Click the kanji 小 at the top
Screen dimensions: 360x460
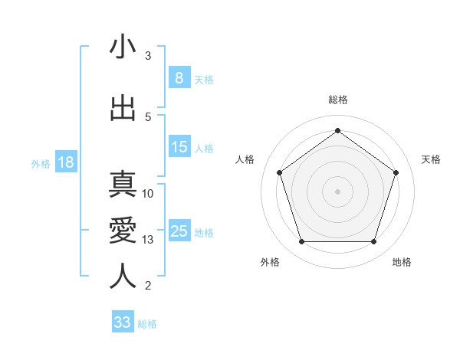tap(123, 48)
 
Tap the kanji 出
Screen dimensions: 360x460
tap(123, 108)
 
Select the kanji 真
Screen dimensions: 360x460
tap(123, 186)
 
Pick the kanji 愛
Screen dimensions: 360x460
tap(123, 231)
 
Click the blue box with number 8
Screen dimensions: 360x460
tap(179, 77)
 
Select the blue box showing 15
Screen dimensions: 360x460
tap(179, 146)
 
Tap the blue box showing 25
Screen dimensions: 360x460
tap(179, 231)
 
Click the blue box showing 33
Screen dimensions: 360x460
tap(123, 322)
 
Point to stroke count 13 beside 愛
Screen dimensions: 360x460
tap(148, 240)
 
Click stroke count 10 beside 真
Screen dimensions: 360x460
tap(148, 194)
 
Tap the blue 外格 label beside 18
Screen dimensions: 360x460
tap(41, 164)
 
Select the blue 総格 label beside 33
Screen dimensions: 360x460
tap(147, 324)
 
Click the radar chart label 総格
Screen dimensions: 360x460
tap(337, 100)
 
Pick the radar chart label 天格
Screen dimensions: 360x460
tap(431, 159)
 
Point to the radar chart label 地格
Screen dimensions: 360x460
tap(402, 262)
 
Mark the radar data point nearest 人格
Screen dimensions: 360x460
tap(279, 172)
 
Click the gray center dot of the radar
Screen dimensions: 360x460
tap(337, 191)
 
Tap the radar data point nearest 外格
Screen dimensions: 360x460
tap(301, 242)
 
